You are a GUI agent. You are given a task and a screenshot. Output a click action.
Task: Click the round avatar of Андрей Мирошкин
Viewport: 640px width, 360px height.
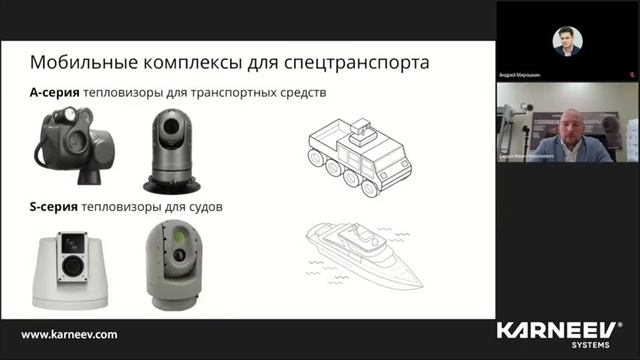coord(567,41)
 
